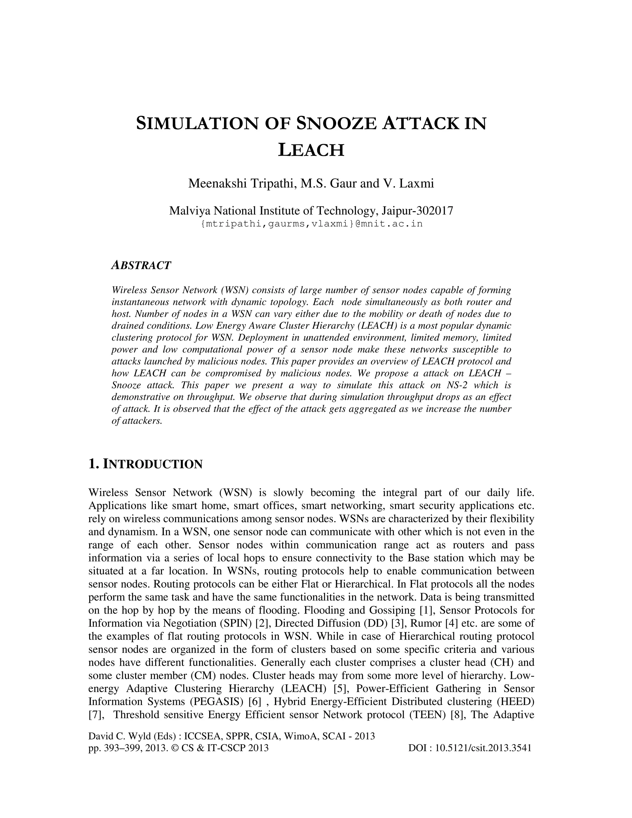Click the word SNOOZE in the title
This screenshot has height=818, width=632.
click(x=336, y=123)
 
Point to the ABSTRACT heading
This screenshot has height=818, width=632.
click(x=141, y=265)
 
